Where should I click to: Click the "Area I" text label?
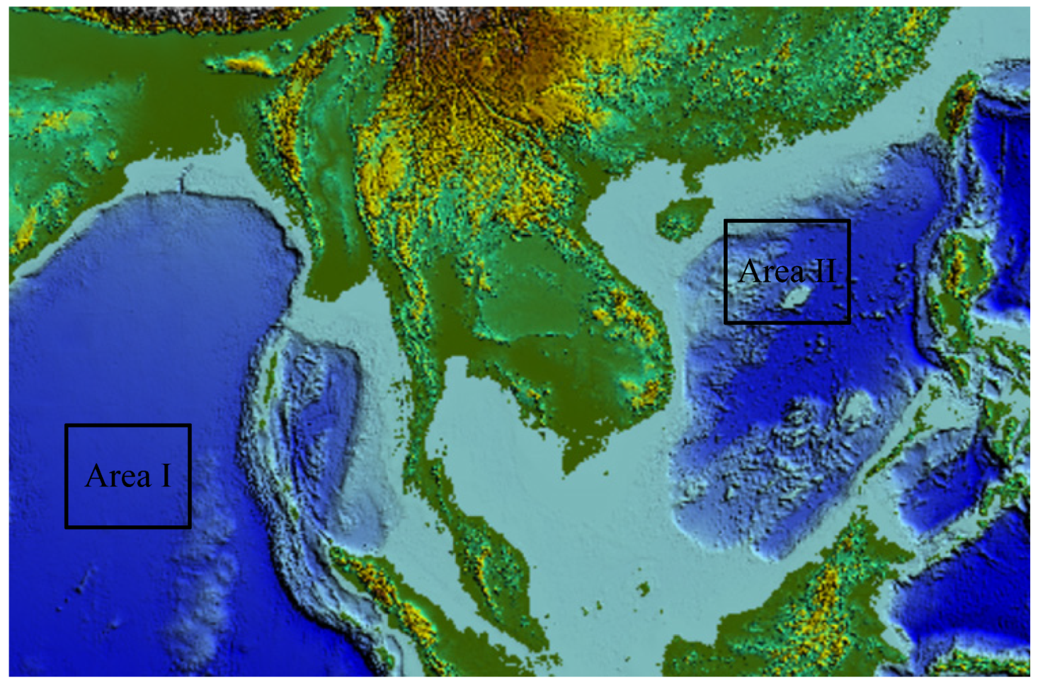[128, 476]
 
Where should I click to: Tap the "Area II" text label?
[788, 271]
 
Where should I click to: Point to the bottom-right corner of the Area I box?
[190, 526]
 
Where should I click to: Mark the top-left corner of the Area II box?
[726, 221]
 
